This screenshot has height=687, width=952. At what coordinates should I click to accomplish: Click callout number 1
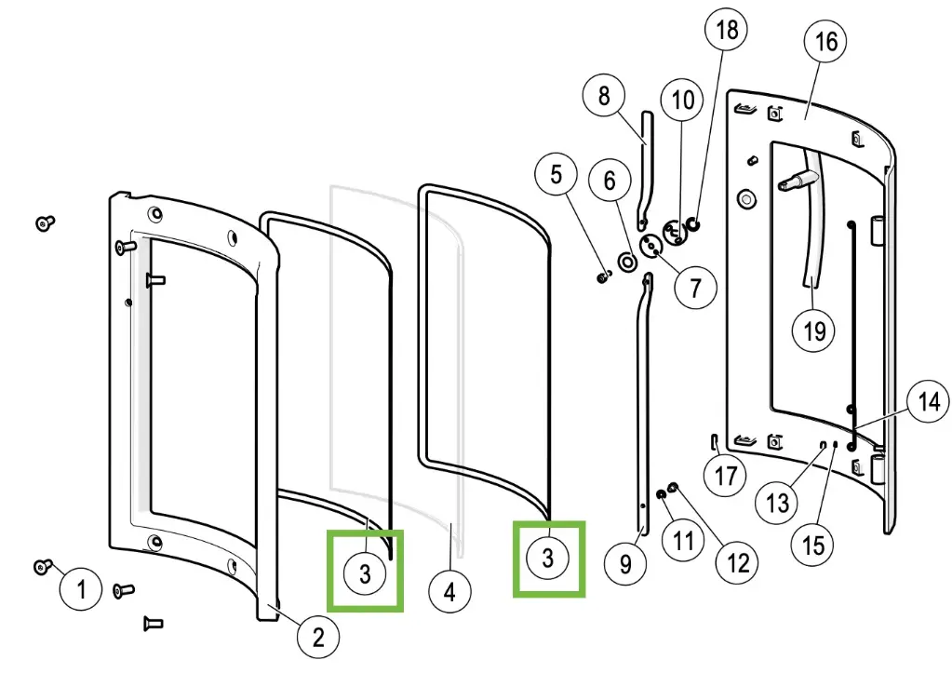point(82,589)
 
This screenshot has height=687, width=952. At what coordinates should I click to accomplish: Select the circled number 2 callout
point(318,637)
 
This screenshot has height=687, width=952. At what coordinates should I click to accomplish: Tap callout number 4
point(449,591)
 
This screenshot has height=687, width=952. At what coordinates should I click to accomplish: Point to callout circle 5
point(556,174)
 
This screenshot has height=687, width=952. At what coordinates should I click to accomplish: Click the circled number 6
point(610,180)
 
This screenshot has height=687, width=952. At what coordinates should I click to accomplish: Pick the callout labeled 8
point(604,95)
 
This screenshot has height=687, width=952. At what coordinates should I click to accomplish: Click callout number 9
point(625,563)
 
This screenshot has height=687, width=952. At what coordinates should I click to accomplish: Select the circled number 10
point(683,100)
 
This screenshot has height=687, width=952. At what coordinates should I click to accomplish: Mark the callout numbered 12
point(737,561)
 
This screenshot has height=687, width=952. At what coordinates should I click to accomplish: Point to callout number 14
point(929,402)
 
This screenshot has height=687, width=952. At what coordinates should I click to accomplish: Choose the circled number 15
point(813,544)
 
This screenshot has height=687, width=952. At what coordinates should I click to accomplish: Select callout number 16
point(825,41)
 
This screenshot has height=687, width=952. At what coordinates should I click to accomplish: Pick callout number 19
point(814,330)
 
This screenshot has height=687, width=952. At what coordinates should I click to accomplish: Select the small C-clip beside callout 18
point(692,223)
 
